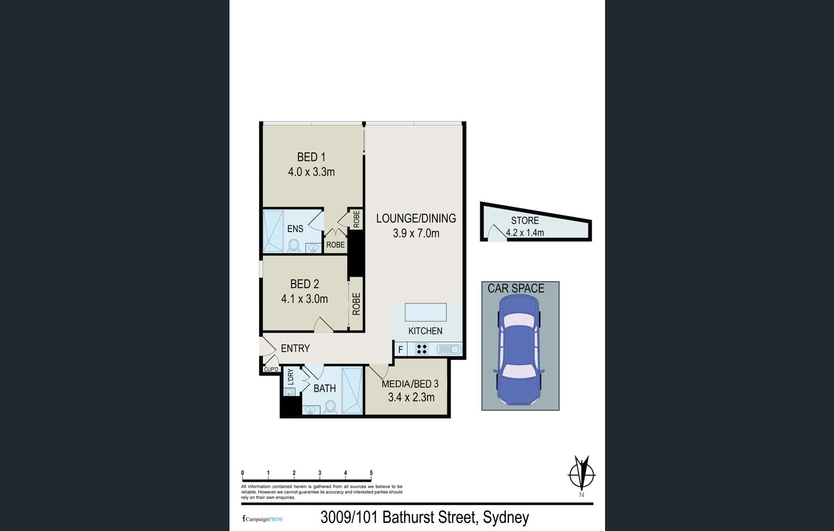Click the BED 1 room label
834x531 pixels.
311,157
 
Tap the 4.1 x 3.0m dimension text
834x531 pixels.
304,299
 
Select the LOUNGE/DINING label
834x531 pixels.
416,218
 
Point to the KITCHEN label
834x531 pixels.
425,331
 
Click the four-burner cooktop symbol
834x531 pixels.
422,349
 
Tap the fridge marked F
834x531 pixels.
401,349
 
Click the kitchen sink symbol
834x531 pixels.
449,349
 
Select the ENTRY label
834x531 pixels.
295,348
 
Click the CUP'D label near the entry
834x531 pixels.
271,370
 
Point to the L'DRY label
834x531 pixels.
291,376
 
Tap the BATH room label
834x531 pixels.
325,389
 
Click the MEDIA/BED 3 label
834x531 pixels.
410,383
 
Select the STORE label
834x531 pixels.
525,221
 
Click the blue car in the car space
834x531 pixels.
518,350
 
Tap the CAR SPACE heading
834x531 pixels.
516,288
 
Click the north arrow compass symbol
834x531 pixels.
582,474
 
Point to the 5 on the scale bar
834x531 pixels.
371,473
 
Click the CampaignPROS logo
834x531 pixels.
262,519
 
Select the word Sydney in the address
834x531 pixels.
506,517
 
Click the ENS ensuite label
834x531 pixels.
295,228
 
